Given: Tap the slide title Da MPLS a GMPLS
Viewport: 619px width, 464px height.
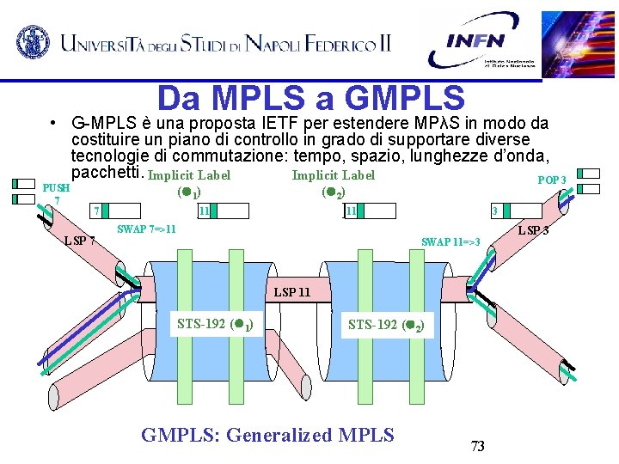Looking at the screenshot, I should pyautogui.click(x=310, y=98).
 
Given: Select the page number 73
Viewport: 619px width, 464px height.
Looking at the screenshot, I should pyautogui.click(x=478, y=446).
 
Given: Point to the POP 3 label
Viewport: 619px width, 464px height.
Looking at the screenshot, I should pyautogui.click(x=551, y=180).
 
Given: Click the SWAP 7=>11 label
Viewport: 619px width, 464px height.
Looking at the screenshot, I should pyautogui.click(x=146, y=229).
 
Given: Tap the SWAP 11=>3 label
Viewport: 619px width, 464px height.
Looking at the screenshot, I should pyautogui.click(x=450, y=242).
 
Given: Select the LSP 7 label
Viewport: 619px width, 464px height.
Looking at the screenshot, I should pyautogui.click(x=80, y=240).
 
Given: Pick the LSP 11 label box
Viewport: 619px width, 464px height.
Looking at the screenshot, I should pyautogui.click(x=291, y=292).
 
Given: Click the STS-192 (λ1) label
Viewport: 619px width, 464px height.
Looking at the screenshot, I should pyautogui.click(x=214, y=325).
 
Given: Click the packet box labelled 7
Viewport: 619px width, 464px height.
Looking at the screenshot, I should pyautogui.click(x=116, y=211).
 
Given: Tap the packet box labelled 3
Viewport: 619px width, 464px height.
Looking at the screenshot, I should pyautogui.click(x=516, y=211).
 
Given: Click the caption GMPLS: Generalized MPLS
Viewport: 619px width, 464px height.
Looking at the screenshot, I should pyautogui.click(x=267, y=435).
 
